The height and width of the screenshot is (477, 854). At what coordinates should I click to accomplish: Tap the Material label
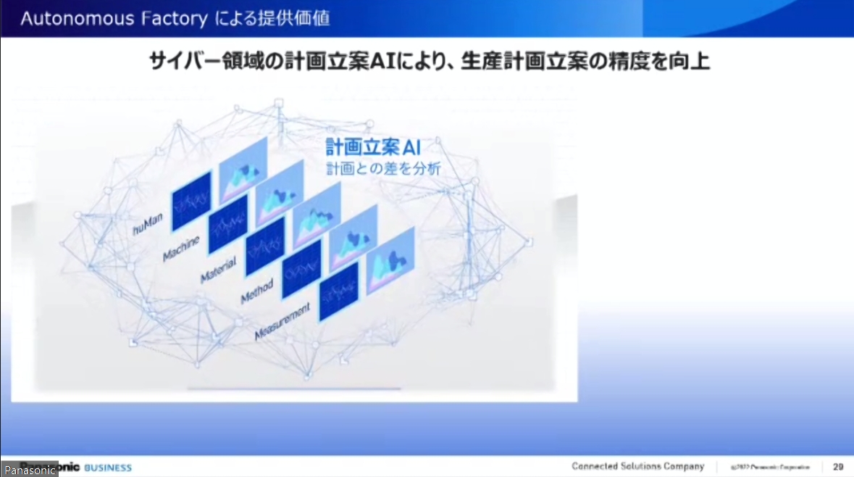(219, 271)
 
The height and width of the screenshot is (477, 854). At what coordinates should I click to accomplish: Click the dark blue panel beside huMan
(191, 201)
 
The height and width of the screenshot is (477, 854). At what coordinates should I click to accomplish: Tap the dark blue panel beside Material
(265, 246)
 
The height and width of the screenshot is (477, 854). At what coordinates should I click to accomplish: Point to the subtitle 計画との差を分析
(382, 169)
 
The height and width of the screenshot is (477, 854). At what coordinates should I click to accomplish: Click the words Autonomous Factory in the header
(114, 19)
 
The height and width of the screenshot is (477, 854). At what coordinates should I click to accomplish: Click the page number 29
(838, 466)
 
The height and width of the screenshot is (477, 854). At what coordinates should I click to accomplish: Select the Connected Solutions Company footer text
(637, 466)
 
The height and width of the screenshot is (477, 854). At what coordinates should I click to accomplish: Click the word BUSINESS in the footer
(109, 467)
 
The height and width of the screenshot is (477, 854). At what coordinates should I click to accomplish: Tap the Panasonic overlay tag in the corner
(30, 470)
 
